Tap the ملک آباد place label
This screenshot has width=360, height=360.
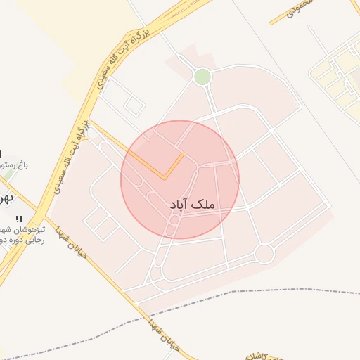coord(192,204)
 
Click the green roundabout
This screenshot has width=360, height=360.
coord(202,77)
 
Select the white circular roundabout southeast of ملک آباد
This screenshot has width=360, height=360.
coord(264,253)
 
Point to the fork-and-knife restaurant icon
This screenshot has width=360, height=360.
coord(19,219)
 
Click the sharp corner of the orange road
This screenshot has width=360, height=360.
coord(165,178)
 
